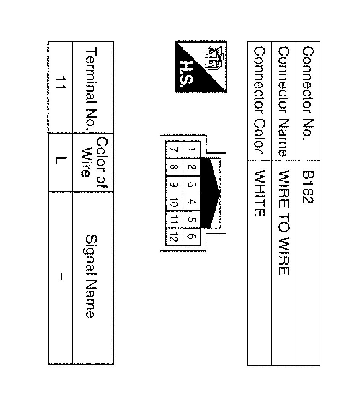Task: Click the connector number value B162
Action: (308, 187)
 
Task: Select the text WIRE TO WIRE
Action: (284, 222)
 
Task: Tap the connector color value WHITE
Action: (260, 193)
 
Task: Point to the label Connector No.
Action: (308, 93)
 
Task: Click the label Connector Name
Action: (284, 102)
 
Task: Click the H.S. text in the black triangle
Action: (187, 74)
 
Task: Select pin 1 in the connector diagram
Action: (191, 150)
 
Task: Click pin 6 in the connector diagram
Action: (191, 237)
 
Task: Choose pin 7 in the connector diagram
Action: (175, 150)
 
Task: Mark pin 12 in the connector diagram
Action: (175, 237)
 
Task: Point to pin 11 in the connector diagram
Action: (175, 219)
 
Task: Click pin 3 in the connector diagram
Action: (191, 185)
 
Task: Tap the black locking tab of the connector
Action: (210, 193)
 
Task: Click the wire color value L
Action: (60, 160)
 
